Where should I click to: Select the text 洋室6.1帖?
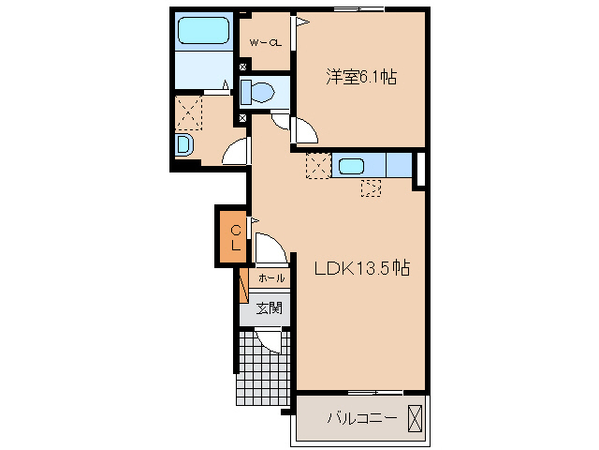[361, 78]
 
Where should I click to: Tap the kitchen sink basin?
[352, 167]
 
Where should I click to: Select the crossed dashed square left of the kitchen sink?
[318, 166]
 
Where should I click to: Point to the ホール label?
[270, 278]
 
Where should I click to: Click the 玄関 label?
[269, 307]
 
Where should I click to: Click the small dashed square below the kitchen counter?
[371, 187]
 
